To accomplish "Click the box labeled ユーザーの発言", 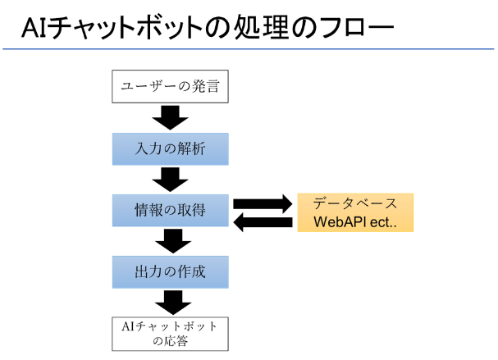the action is [170, 86].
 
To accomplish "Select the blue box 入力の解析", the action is [170, 149].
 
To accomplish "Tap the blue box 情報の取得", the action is [170, 211].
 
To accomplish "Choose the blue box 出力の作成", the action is [170, 272].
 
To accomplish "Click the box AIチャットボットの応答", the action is [170, 334].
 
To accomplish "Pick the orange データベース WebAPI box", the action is [355, 212].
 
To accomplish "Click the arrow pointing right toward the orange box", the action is [263, 204].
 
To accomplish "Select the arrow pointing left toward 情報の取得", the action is [263, 222].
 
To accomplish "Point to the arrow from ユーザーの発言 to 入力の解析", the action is [170, 118].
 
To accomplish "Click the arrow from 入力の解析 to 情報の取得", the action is [170, 180].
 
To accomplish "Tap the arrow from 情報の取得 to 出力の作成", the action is [173, 241].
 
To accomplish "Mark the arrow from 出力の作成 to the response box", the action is [173, 303].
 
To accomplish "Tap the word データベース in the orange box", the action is [355, 203].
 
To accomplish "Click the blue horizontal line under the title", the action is [249, 49].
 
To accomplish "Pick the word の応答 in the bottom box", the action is [170, 341].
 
